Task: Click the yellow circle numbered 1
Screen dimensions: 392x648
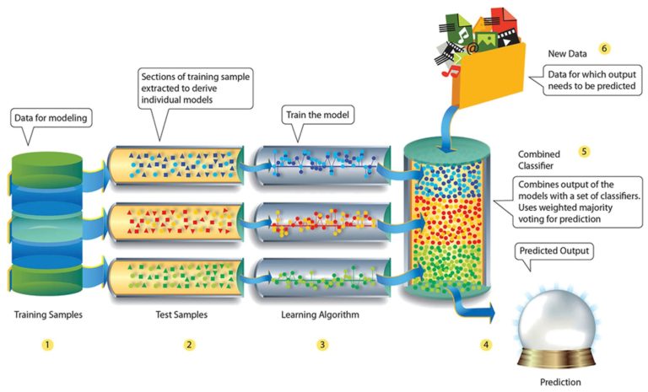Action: (x=48, y=345)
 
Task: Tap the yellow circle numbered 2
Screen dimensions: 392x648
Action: (x=189, y=345)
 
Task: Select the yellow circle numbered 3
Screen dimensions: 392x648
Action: (x=322, y=345)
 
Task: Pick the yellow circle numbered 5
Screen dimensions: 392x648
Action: (x=583, y=152)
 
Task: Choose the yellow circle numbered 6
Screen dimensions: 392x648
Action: (x=604, y=48)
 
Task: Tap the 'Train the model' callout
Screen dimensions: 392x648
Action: (x=316, y=113)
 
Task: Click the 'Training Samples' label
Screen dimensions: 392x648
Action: (x=48, y=315)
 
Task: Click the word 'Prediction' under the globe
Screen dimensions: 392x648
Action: (x=559, y=382)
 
